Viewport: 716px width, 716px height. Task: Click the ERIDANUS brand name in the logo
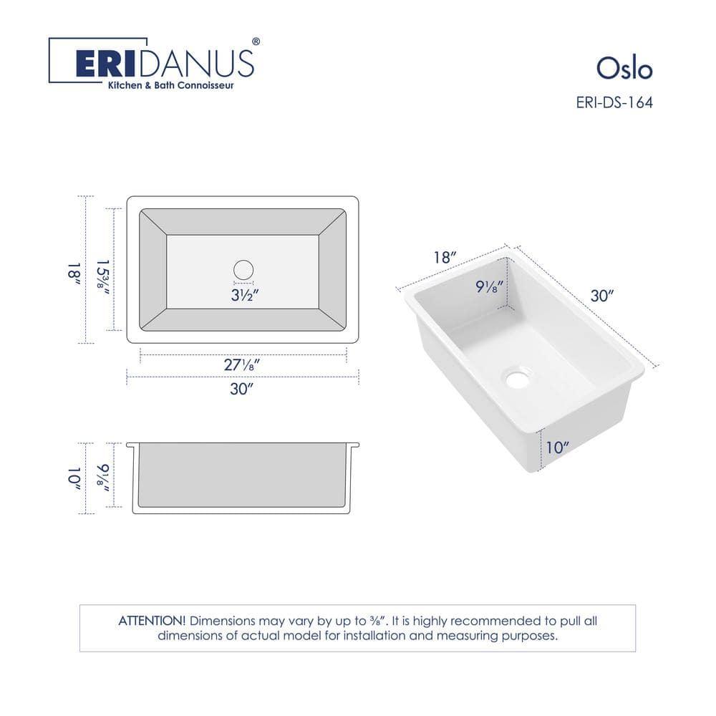click(165, 64)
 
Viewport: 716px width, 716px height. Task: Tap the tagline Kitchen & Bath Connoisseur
click(170, 85)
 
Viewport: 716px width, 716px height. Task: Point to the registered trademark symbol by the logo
click(256, 42)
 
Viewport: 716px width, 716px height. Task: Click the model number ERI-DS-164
click(614, 102)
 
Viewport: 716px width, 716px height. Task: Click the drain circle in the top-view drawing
click(243, 270)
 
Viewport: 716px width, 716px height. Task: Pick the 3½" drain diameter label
click(243, 296)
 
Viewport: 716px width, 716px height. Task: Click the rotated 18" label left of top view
click(72, 270)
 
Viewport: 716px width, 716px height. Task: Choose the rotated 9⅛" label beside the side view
click(102, 475)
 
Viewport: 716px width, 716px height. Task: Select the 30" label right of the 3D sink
click(603, 295)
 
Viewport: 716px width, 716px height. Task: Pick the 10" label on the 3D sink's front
click(556, 448)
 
